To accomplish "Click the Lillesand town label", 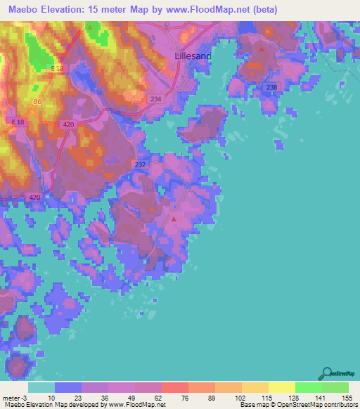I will (x=191, y=55).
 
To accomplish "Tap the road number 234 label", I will (x=155, y=100).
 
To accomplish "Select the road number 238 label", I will (x=271, y=87).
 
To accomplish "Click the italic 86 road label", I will (x=37, y=102).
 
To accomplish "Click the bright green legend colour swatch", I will (x=309, y=388).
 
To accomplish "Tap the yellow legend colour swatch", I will (x=282, y=388).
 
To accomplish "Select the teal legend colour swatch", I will (x=41, y=388).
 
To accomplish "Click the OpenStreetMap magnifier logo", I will (x=326, y=373).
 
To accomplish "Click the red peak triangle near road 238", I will (x=262, y=49).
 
